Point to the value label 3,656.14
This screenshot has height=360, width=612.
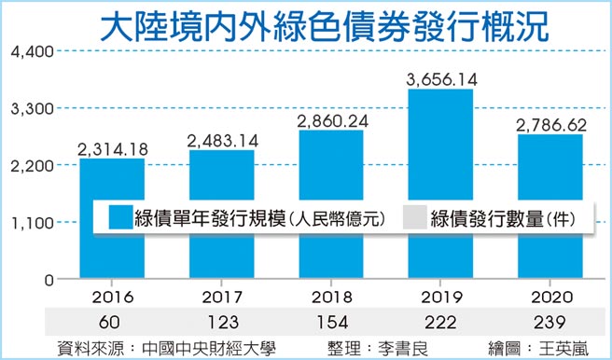coord(441,80)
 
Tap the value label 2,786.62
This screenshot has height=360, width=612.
coord(550,124)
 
